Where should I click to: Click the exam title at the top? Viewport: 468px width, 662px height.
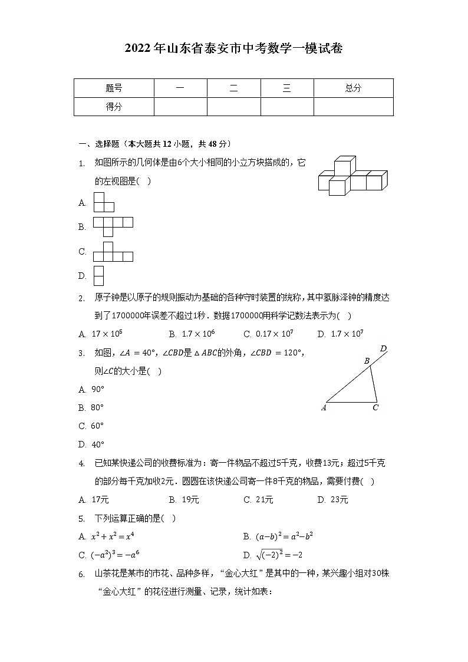tap(233, 49)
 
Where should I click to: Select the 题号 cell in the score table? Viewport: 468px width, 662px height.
tap(114, 88)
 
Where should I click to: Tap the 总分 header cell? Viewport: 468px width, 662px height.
tap(353, 88)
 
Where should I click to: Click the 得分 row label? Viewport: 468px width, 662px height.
tap(114, 107)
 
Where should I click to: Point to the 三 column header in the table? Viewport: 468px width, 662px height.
tap(286, 88)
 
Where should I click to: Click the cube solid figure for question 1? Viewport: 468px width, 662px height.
tap(352, 176)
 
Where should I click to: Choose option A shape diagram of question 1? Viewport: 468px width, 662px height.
tap(104, 202)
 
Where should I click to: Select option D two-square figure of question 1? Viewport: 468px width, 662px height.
tap(98, 275)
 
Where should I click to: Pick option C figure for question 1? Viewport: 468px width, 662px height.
tap(113, 252)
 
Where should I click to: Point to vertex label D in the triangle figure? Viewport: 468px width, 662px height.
tap(383, 349)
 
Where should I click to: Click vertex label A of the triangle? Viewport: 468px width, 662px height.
tap(324, 407)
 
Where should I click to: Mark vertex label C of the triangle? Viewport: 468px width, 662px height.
tap(375, 407)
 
